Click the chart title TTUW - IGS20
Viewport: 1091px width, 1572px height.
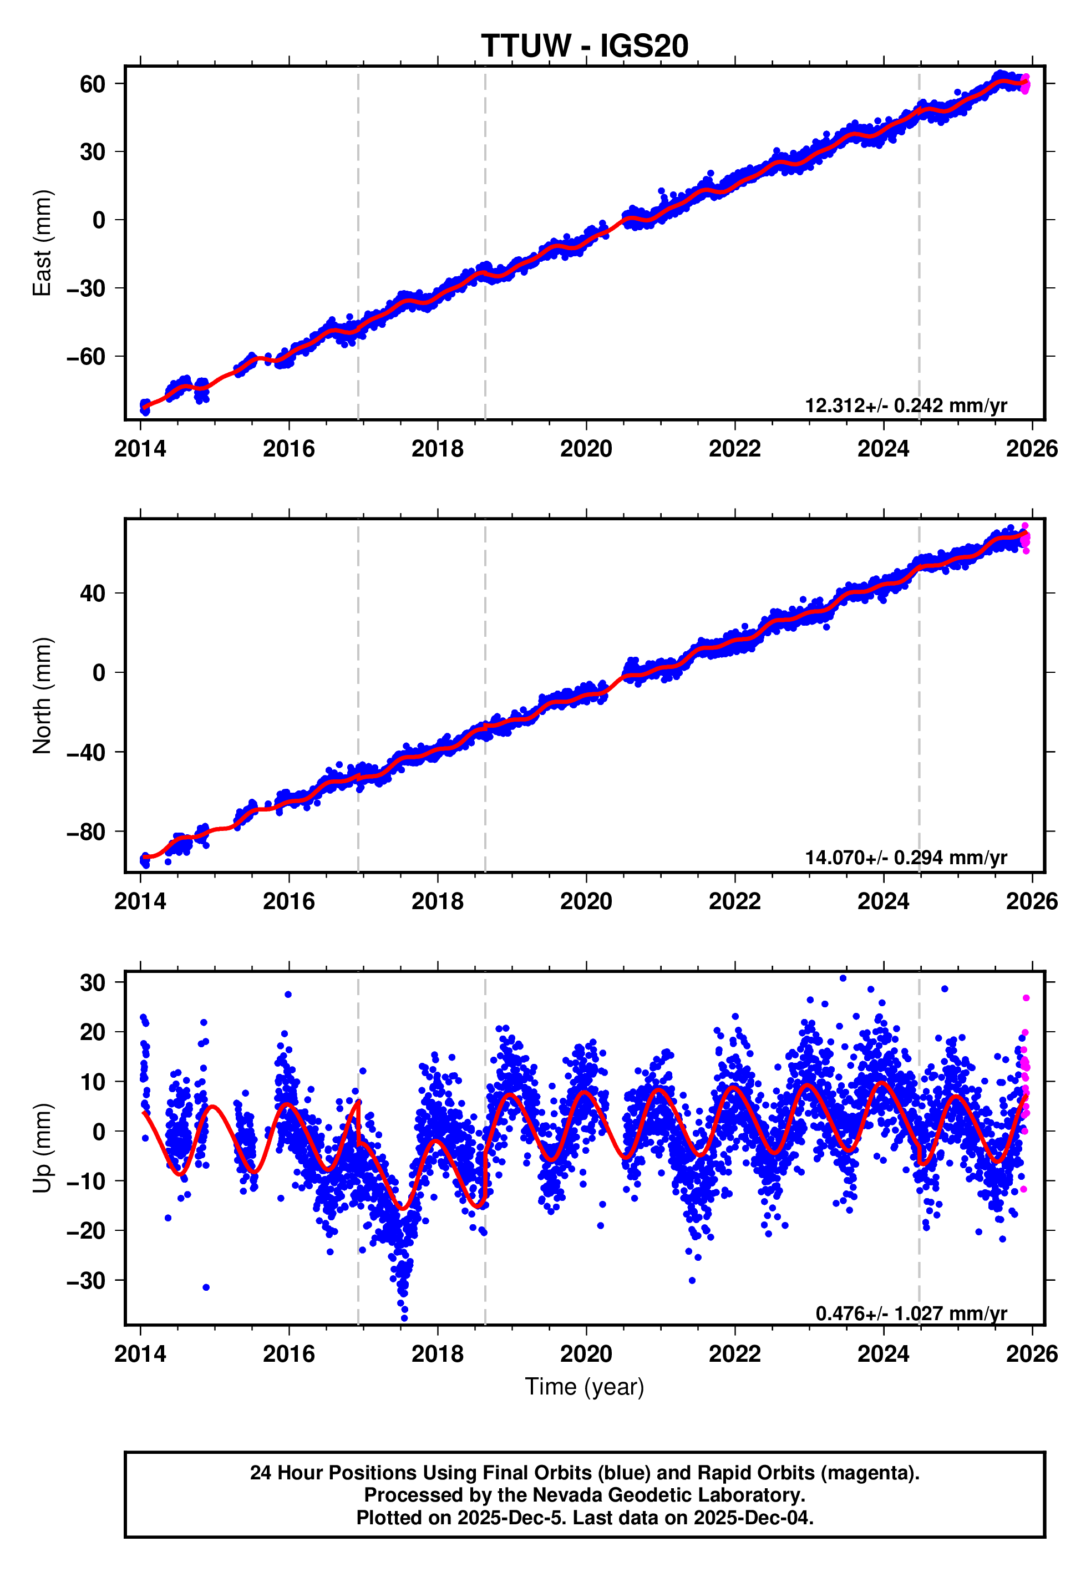[x=585, y=47]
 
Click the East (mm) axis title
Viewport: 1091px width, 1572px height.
[x=42, y=242]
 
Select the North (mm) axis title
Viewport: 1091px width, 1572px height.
[x=42, y=695]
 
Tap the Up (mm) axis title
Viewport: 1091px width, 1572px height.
[x=42, y=1148]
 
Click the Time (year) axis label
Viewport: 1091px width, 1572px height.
[x=585, y=1386]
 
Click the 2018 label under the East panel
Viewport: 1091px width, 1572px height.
[x=438, y=449]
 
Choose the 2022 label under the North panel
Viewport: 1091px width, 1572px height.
[x=735, y=901]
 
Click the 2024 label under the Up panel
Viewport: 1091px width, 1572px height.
[x=883, y=1354]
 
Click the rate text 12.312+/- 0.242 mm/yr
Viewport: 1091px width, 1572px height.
[x=906, y=405]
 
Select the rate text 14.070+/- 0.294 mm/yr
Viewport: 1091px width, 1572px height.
[x=906, y=857]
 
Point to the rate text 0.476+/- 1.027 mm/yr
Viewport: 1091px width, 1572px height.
[x=911, y=1313]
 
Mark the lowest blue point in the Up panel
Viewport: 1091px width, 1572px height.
[x=404, y=1318]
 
